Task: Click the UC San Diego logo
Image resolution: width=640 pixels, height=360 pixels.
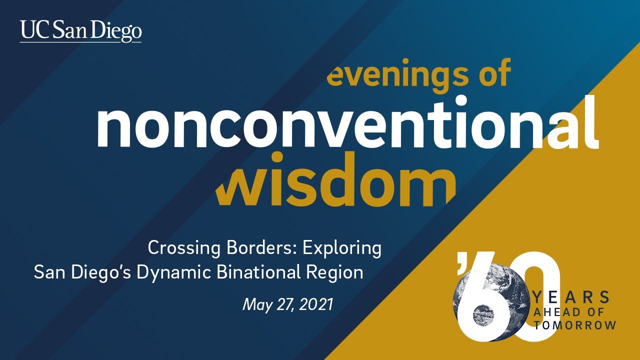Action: pos(80,31)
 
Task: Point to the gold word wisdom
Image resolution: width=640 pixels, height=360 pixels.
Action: pos(335,183)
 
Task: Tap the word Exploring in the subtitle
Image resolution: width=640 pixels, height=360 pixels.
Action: pos(340,248)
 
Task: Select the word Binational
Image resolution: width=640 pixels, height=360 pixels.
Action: pos(273,272)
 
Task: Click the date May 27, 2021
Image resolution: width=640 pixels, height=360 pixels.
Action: pos(287,304)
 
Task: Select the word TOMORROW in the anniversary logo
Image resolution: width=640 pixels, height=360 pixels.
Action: pos(574,325)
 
